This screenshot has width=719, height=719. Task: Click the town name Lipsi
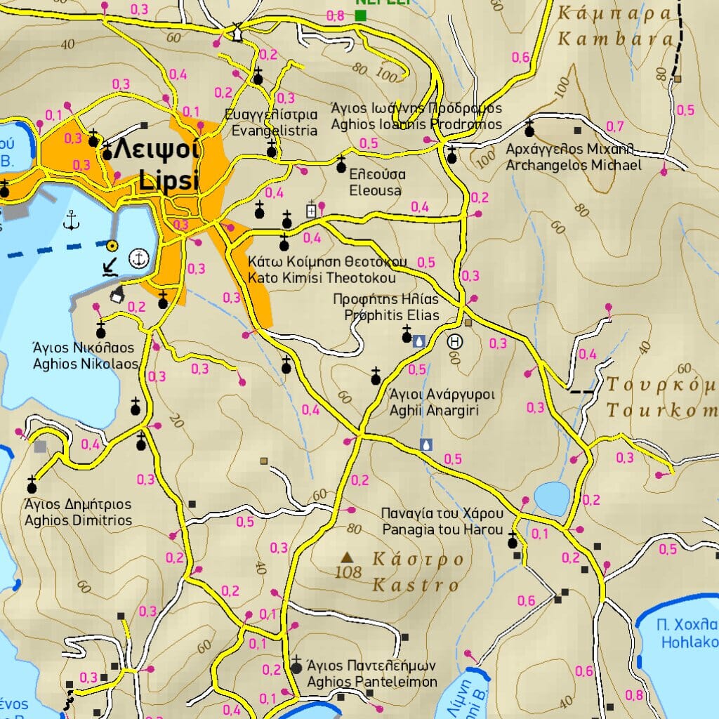point(169,181)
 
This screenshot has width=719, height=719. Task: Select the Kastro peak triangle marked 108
point(346,558)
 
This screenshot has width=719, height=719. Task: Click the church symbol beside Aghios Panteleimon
point(296,665)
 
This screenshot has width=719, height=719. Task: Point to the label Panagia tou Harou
point(442,530)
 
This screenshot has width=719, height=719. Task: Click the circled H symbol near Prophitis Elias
point(455,342)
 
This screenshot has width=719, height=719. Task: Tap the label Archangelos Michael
point(574,166)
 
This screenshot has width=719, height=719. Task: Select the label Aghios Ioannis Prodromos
point(416,124)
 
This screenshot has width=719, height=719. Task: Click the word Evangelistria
point(275,131)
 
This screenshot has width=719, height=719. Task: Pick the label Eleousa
point(376,190)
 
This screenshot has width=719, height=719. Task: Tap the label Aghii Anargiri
point(434,410)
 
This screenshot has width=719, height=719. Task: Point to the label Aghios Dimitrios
point(78,520)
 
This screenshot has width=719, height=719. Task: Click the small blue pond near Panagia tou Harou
point(552,498)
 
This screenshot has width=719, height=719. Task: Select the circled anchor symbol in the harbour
point(139,259)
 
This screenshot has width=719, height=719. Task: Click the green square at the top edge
point(362,15)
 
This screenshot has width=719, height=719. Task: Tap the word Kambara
point(615,39)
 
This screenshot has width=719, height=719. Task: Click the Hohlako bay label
point(688,642)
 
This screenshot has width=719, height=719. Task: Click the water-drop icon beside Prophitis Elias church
point(418,341)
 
